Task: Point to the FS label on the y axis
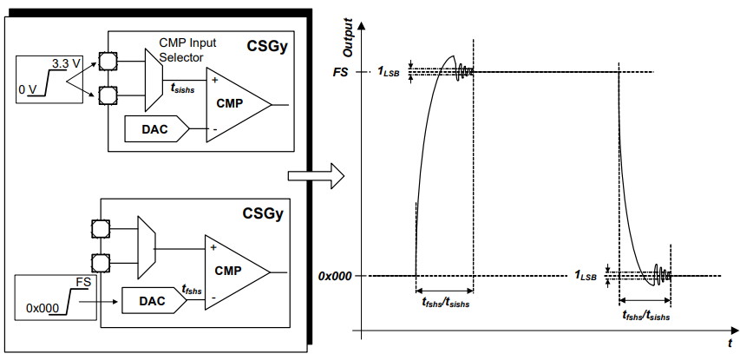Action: click(x=340, y=73)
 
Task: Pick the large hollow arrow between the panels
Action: click(x=314, y=176)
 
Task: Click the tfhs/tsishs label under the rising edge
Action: click(x=444, y=304)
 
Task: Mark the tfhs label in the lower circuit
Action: click(x=192, y=291)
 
